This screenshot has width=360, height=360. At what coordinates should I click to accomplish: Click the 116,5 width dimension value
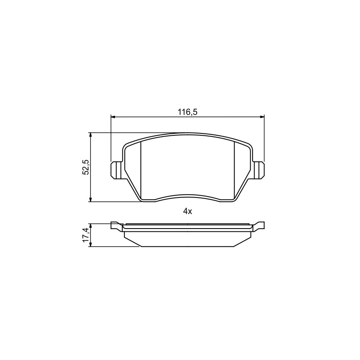188,112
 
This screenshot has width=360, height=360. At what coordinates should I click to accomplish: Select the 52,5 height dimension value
86,167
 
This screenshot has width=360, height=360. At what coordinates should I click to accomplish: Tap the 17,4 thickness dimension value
86,234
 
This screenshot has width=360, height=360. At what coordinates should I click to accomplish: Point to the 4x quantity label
187,211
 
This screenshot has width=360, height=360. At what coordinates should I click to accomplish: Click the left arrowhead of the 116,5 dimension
113,117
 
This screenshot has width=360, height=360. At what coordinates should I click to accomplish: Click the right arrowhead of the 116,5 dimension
262,117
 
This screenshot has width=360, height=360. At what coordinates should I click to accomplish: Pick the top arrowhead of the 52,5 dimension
91,135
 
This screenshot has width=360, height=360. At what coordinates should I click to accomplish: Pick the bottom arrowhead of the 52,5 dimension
91,200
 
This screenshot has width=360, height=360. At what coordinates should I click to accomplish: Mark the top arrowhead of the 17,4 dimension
91,226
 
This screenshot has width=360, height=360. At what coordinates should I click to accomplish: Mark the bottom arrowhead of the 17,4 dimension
91,245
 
